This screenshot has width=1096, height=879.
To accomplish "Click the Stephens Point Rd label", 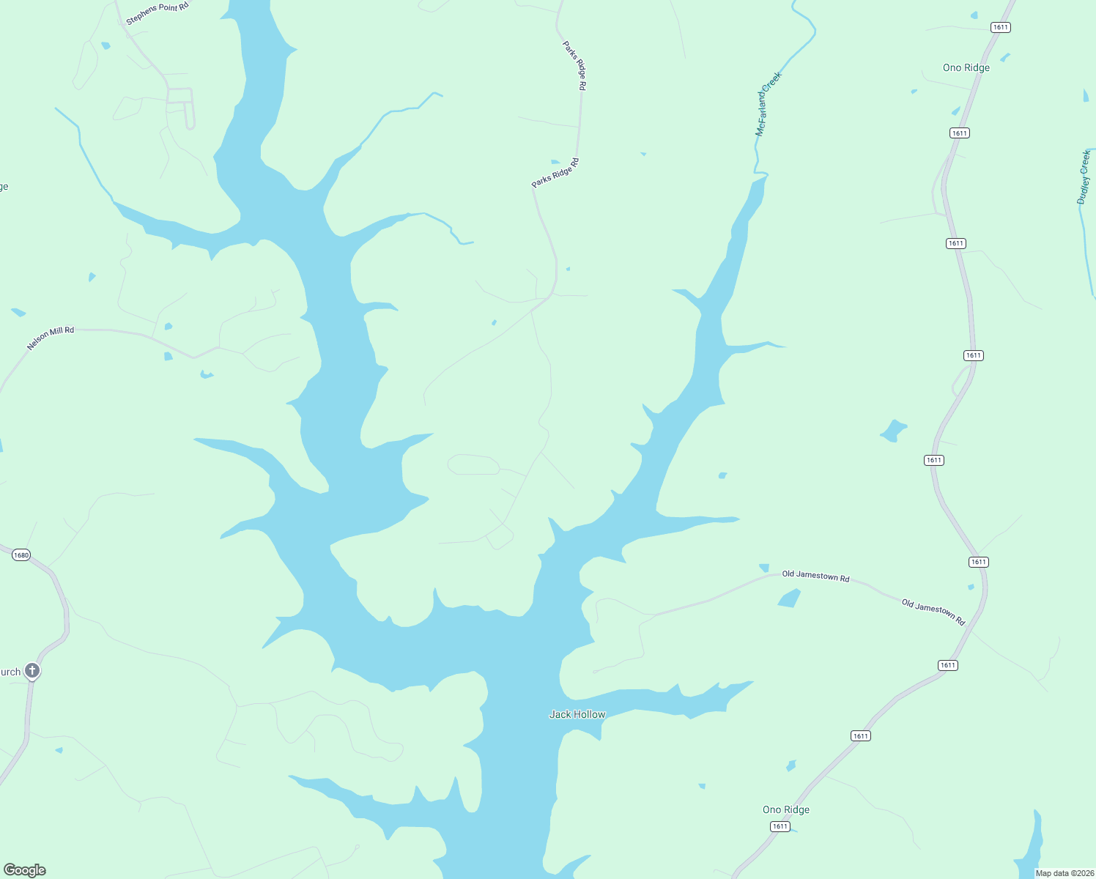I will [x=157, y=14].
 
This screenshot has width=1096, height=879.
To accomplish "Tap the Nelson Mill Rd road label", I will [x=51, y=338].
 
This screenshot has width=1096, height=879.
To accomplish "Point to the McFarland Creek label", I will [x=769, y=104].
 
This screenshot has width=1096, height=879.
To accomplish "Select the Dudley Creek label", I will [x=1084, y=177].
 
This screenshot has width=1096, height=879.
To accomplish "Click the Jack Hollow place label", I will [x=577, y=714].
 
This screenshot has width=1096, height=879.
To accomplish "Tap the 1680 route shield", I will [x=21, y=555].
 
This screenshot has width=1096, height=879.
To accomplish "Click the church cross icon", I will [x=32, y=670].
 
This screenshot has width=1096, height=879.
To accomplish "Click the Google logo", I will [x=25, y=870].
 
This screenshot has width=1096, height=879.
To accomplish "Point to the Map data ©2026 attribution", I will [x=1064, y=873].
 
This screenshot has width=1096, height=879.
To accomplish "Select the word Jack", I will [x=559, y=714].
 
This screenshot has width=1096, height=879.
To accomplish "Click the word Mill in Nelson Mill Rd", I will [x=57, y=334].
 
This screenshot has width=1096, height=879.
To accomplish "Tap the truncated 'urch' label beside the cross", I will [x=10, y=672].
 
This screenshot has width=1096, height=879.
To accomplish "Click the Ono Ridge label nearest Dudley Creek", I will [x=966, y=67].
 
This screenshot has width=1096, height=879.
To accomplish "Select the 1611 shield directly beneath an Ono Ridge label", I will [x=780, y=826].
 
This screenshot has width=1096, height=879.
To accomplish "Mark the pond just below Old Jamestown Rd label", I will [x=789, y=598].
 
